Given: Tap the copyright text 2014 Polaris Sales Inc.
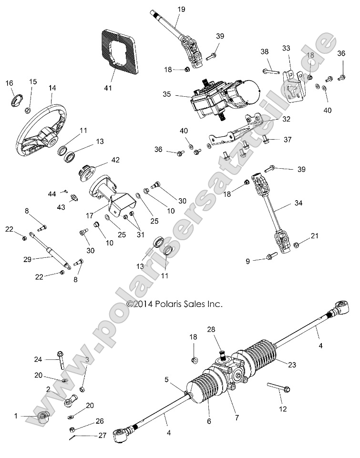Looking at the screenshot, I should pos(175,303).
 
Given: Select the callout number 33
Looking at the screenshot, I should pos(286,48).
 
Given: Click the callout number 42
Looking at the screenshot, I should pos(115,160).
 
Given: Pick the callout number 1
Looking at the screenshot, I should pos(16,416).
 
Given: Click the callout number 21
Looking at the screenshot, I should pos(314,236).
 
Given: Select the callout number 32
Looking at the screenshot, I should pos(286,120).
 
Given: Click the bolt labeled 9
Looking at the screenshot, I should pos(269,257).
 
